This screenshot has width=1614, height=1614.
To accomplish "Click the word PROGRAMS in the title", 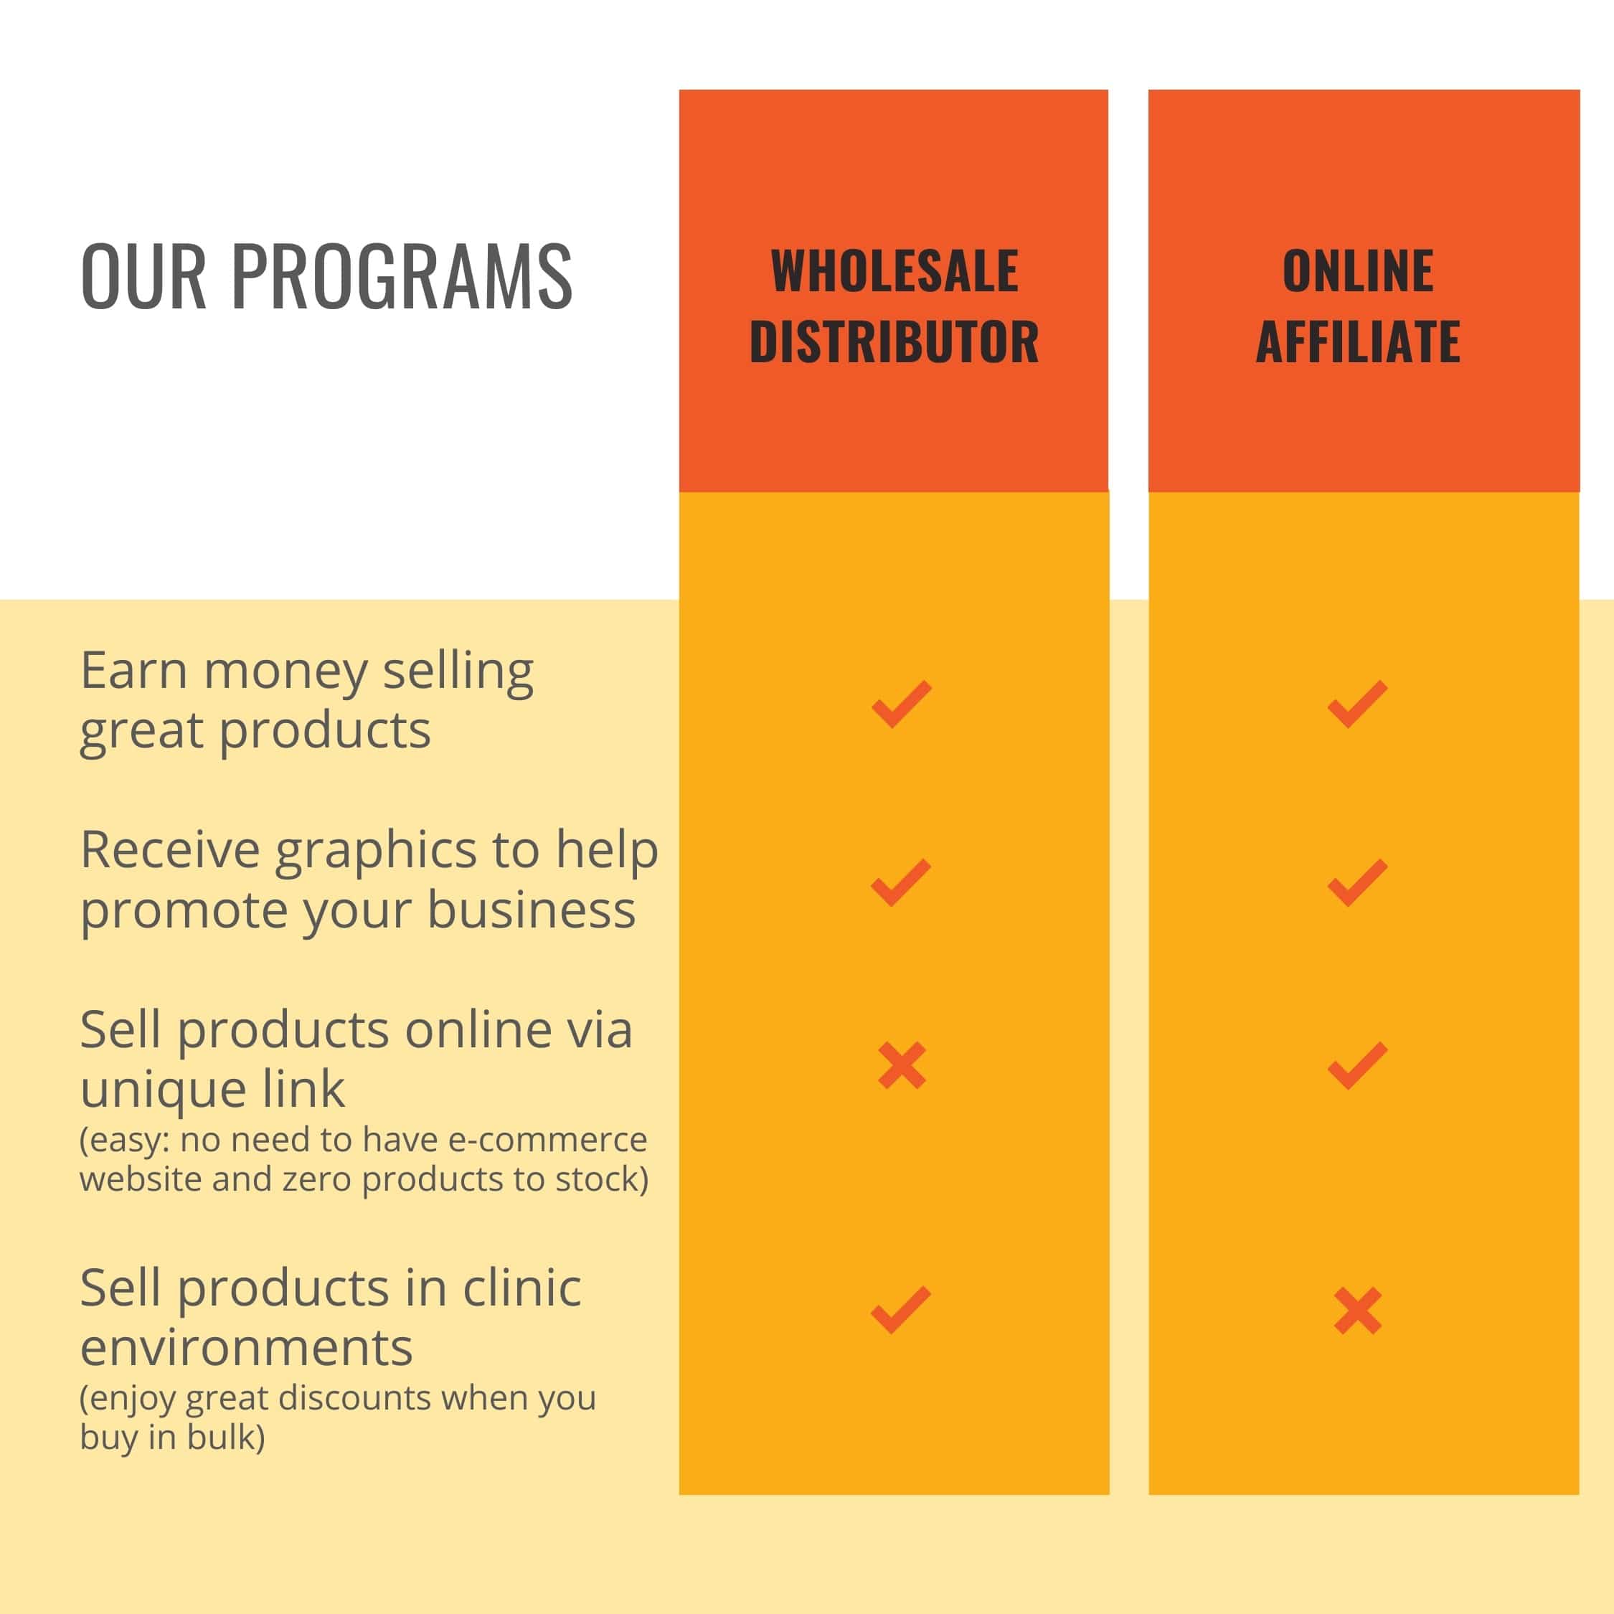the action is pyautogui.click(x=402, y=275).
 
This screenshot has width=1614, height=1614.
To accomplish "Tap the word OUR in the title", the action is pyautogui.click(x=143, y=275).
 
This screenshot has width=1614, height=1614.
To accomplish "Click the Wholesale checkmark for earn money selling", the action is pyautogui.click(x=902, y=704).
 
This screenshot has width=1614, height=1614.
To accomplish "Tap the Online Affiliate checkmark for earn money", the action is pyautogui.click(x=1357, y=704).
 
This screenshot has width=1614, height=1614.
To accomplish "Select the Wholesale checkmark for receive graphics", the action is pyautogui.click(x=900, y=882).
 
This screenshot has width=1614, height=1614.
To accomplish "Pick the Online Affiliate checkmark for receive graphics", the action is pyautogui.click(x=1357, y=882).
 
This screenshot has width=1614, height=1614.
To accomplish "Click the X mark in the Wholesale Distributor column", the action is pyautogui.click(x=902, y=1065).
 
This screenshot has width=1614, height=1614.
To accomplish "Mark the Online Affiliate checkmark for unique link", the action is pyautogui.click(x=1357, y=1065).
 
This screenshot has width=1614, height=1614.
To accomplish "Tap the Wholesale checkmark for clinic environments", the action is pyautogui.click(x=900, y=1309).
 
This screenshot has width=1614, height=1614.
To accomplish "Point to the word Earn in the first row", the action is pyautogui.click(x=133, y=671).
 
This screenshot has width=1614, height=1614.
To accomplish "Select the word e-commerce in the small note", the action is pyautogui.click(x=548, y=1140).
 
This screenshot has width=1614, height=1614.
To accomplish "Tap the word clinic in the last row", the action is pyautogui.click(x=522, y=1288).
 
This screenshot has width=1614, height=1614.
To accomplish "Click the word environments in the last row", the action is pyautogui.click(x=247, y=1349).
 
